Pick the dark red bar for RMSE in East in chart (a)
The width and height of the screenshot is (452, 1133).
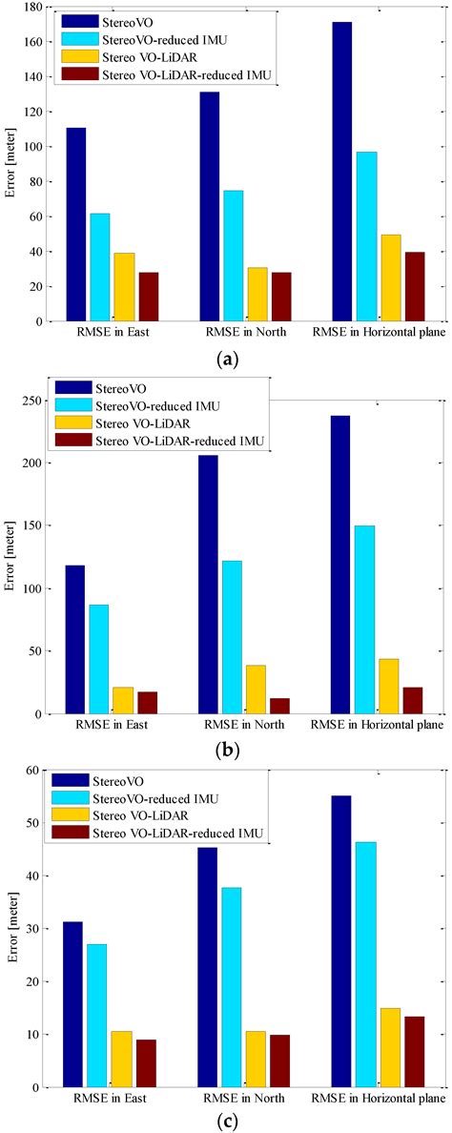tap(148, 297)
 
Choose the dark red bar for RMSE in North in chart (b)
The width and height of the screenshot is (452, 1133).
tap(278, 706)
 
